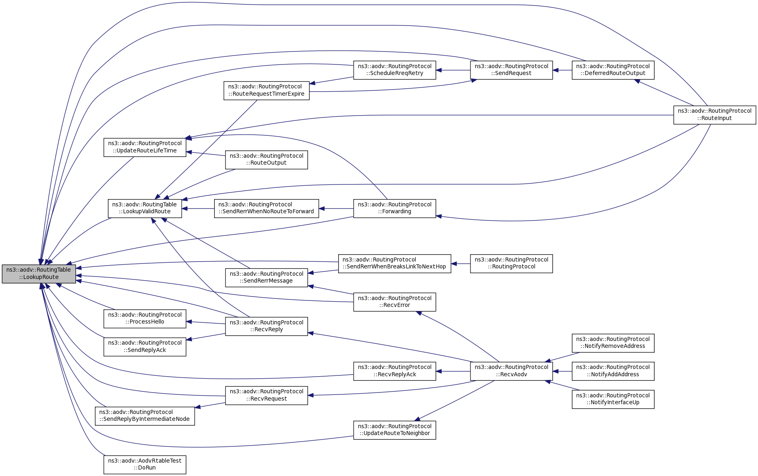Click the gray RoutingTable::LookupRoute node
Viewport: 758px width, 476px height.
[x=39, y=274]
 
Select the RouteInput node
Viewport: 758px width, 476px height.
[x=715, y=115]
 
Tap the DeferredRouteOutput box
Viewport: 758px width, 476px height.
[x=613, y=70]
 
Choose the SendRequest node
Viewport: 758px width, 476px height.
[x=511, y=70]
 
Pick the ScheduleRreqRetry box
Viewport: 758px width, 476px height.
[x=395, y=70]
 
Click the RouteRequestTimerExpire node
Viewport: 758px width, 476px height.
[x=266, y=90]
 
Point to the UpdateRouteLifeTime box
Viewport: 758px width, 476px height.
[x=145, y=147]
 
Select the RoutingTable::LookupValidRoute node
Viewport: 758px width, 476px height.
[x=145, y=208]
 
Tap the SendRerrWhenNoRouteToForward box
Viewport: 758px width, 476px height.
[x=266, y=208]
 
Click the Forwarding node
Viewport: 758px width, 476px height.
[x=395, y=208]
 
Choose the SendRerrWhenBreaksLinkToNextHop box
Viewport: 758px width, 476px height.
[x=395, y=263]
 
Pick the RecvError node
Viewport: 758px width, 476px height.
[x=395, y=302]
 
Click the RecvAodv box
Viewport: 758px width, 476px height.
[x=511, y=371]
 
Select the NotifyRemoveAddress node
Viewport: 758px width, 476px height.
[x=613, y=343]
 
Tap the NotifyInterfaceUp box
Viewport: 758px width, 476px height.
[x=613, y=399]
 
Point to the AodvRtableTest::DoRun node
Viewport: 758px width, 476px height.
[x=145, y=464]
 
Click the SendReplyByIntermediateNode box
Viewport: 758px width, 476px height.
[x=145, y=416]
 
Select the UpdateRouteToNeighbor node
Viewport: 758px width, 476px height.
[x=395, y=430]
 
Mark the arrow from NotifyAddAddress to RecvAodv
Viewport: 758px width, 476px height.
[x=562, y=371]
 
